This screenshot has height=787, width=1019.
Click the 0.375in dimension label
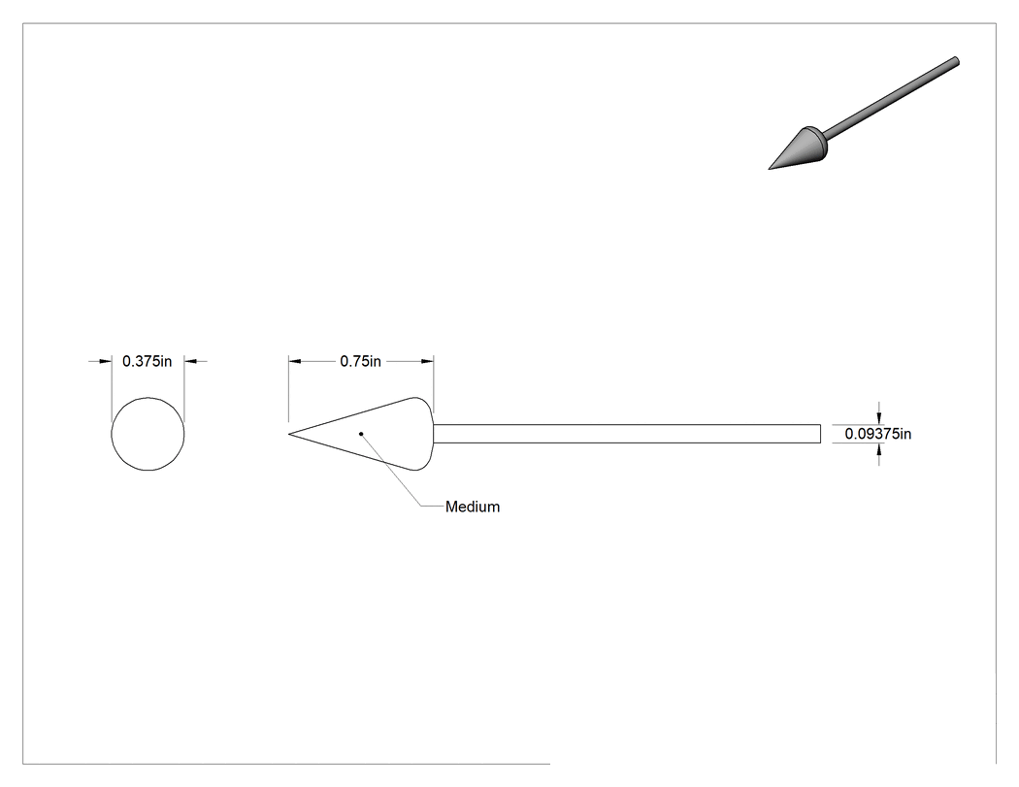click(x=147, y=361)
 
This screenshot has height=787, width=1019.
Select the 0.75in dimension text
click(x=361, y=361)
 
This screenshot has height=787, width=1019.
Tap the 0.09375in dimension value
click(x=878, y=434)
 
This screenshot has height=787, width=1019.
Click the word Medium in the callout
click(x=473, y=507)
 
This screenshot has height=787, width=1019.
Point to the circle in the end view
click(x=112, y=434)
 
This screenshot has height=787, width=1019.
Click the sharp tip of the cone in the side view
click(x=289, y=434)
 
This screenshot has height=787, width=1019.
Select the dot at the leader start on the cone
click(x=361, y=434)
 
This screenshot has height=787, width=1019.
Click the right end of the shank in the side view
click(x=820, y=434)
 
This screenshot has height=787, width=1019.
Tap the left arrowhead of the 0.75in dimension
click(x=295, y=361)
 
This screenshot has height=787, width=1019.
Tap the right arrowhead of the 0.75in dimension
click(x=428, y=361)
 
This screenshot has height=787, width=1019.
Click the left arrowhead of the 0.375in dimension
click(x=105, y=361)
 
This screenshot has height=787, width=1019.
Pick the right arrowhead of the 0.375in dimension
click(x=190, y=361)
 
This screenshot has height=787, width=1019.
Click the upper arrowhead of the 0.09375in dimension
click(x=879, y=418)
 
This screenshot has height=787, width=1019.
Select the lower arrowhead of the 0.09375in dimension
click(x=879, y=449)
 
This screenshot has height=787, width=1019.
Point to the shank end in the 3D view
click(x=955, y=61)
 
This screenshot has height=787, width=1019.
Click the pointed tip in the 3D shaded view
click(x=771, y=169)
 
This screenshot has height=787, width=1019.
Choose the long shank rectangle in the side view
click(x=627, y=434)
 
